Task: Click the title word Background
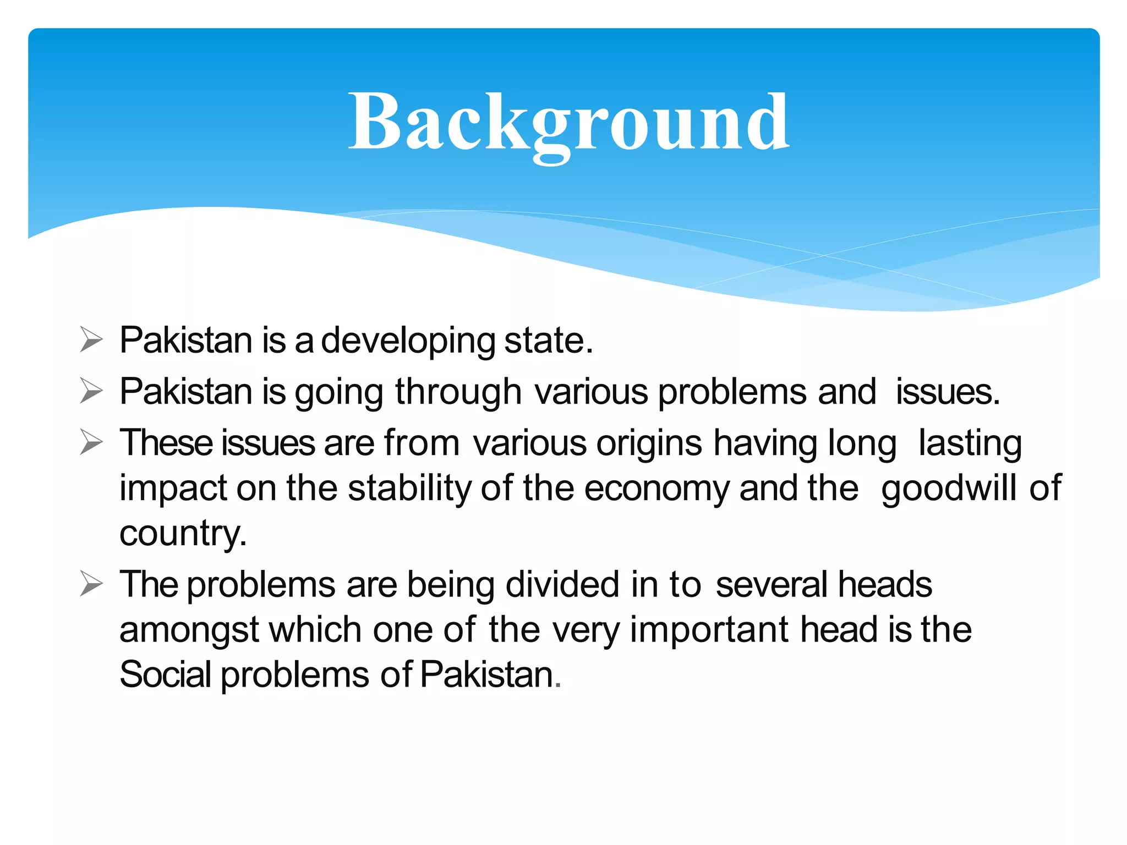click(569, 122)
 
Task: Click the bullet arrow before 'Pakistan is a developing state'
click(91, 339)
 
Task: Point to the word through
click(458, 392)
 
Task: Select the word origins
click(649, 443)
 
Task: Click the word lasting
click(970, 443)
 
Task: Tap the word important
click(710, 630)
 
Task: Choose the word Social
click(166, 675)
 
